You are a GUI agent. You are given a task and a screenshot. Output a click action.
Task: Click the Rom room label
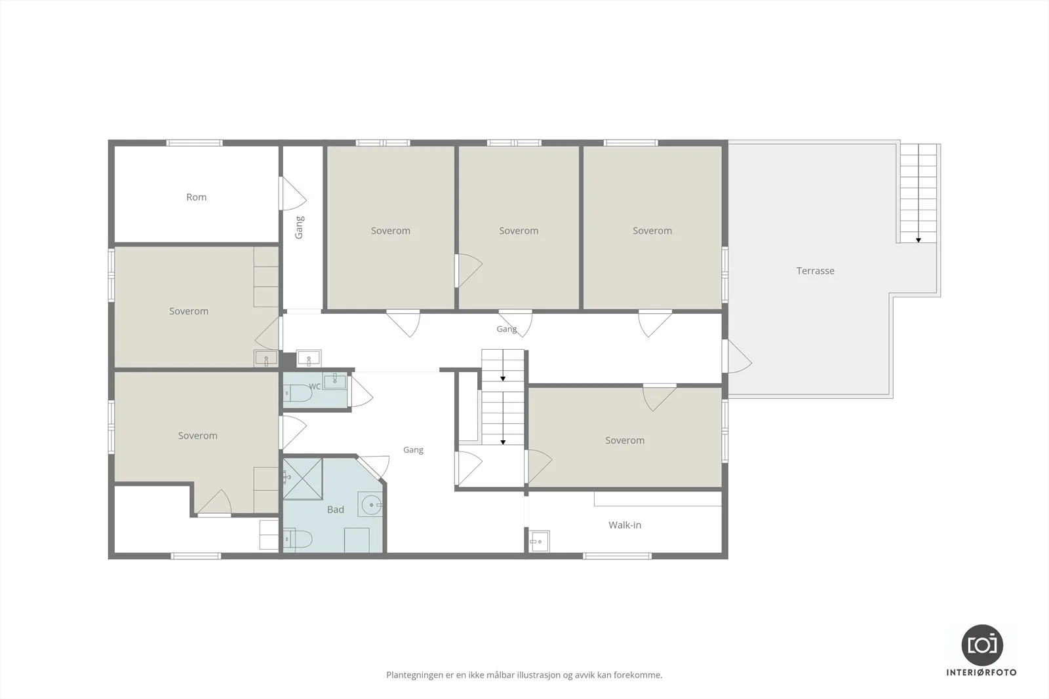coord(196,197)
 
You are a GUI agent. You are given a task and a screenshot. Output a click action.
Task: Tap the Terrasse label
coord(816,271)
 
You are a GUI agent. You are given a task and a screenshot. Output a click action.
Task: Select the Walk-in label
coord(625,525)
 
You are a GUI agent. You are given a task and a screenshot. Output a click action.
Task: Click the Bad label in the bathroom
coord(335,510)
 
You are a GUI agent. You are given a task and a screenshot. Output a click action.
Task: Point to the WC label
coord(315,387)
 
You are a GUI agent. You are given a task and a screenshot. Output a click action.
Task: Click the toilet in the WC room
coord(298,393)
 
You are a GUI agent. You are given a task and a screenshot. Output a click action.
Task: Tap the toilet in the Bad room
coord(298,539)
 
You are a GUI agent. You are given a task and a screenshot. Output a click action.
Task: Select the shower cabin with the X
coord(302,479)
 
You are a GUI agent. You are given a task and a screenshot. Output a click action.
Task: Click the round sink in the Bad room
coord(370,504)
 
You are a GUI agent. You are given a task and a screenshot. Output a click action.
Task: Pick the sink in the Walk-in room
coord(540,541)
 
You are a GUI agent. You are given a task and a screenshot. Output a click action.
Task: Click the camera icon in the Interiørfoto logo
coord(982,645)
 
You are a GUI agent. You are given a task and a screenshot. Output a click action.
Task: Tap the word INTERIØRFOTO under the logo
coord(981,672)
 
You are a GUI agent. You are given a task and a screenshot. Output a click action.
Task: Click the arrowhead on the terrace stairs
coord(919,240)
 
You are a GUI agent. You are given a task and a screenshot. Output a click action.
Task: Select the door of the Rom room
coord(292,193)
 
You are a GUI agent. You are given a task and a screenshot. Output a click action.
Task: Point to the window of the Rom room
coord(194,143)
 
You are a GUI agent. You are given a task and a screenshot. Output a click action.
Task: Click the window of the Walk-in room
coord(617,556)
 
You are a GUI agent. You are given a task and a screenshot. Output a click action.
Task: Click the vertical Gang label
coord(299,227)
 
